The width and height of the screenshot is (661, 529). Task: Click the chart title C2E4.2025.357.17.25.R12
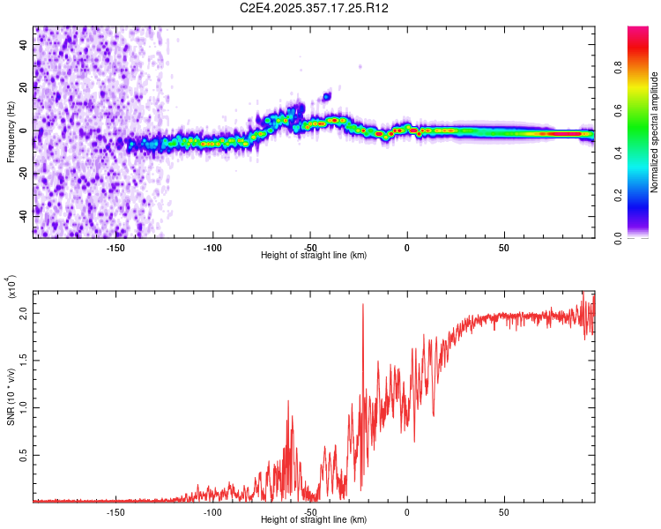[315, 8]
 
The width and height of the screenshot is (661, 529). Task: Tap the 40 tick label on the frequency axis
[25, 44]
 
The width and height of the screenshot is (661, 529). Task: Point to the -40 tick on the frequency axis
[25, 213]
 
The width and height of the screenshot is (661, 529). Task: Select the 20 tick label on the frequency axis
[25, 87]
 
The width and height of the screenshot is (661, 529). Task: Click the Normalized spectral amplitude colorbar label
[655, 132]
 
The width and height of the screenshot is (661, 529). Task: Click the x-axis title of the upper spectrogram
[314, 256]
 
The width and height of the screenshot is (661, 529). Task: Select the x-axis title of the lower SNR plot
[314, 520]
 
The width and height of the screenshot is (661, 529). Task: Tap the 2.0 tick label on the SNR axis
[24, 313]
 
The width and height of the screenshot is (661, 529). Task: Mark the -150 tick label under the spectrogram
[115, 246]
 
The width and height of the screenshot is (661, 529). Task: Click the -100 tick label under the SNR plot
[212, 511]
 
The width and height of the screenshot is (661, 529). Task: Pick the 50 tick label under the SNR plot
[504, 511]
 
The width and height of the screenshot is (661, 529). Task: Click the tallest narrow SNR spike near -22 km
[363, 305]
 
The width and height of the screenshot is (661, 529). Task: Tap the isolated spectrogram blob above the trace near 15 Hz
[327, 96]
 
